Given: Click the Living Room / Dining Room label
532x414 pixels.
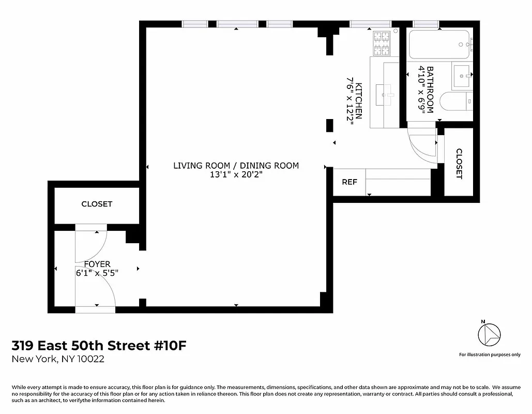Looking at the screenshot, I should [x=236, y=166].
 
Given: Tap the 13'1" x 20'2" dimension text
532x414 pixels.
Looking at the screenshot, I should [x=236, y=175].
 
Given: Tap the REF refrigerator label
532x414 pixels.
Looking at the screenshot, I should [x=349, y=182].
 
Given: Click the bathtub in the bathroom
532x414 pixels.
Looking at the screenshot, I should [x=439, y=45].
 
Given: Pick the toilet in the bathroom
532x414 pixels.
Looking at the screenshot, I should [x=457, y=101].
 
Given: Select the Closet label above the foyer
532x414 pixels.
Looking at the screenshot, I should [x=97, y=204].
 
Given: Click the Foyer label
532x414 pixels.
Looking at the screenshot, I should [x=97, y=264].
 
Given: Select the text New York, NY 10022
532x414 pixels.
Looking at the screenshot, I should [x=58, y=359].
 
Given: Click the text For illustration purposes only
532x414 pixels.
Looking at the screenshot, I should [x=490, y=354].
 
